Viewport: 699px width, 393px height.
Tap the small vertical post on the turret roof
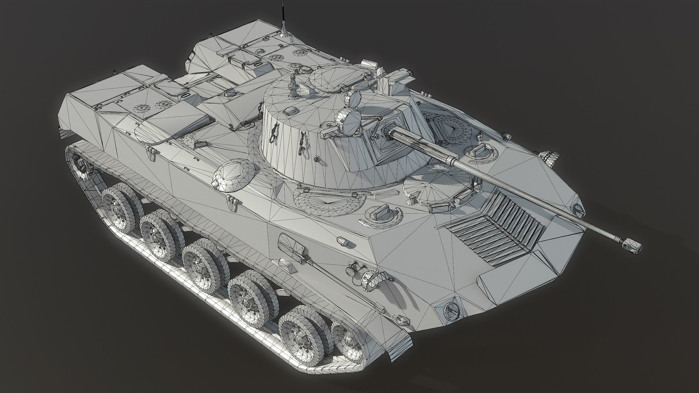click(292, 87)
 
